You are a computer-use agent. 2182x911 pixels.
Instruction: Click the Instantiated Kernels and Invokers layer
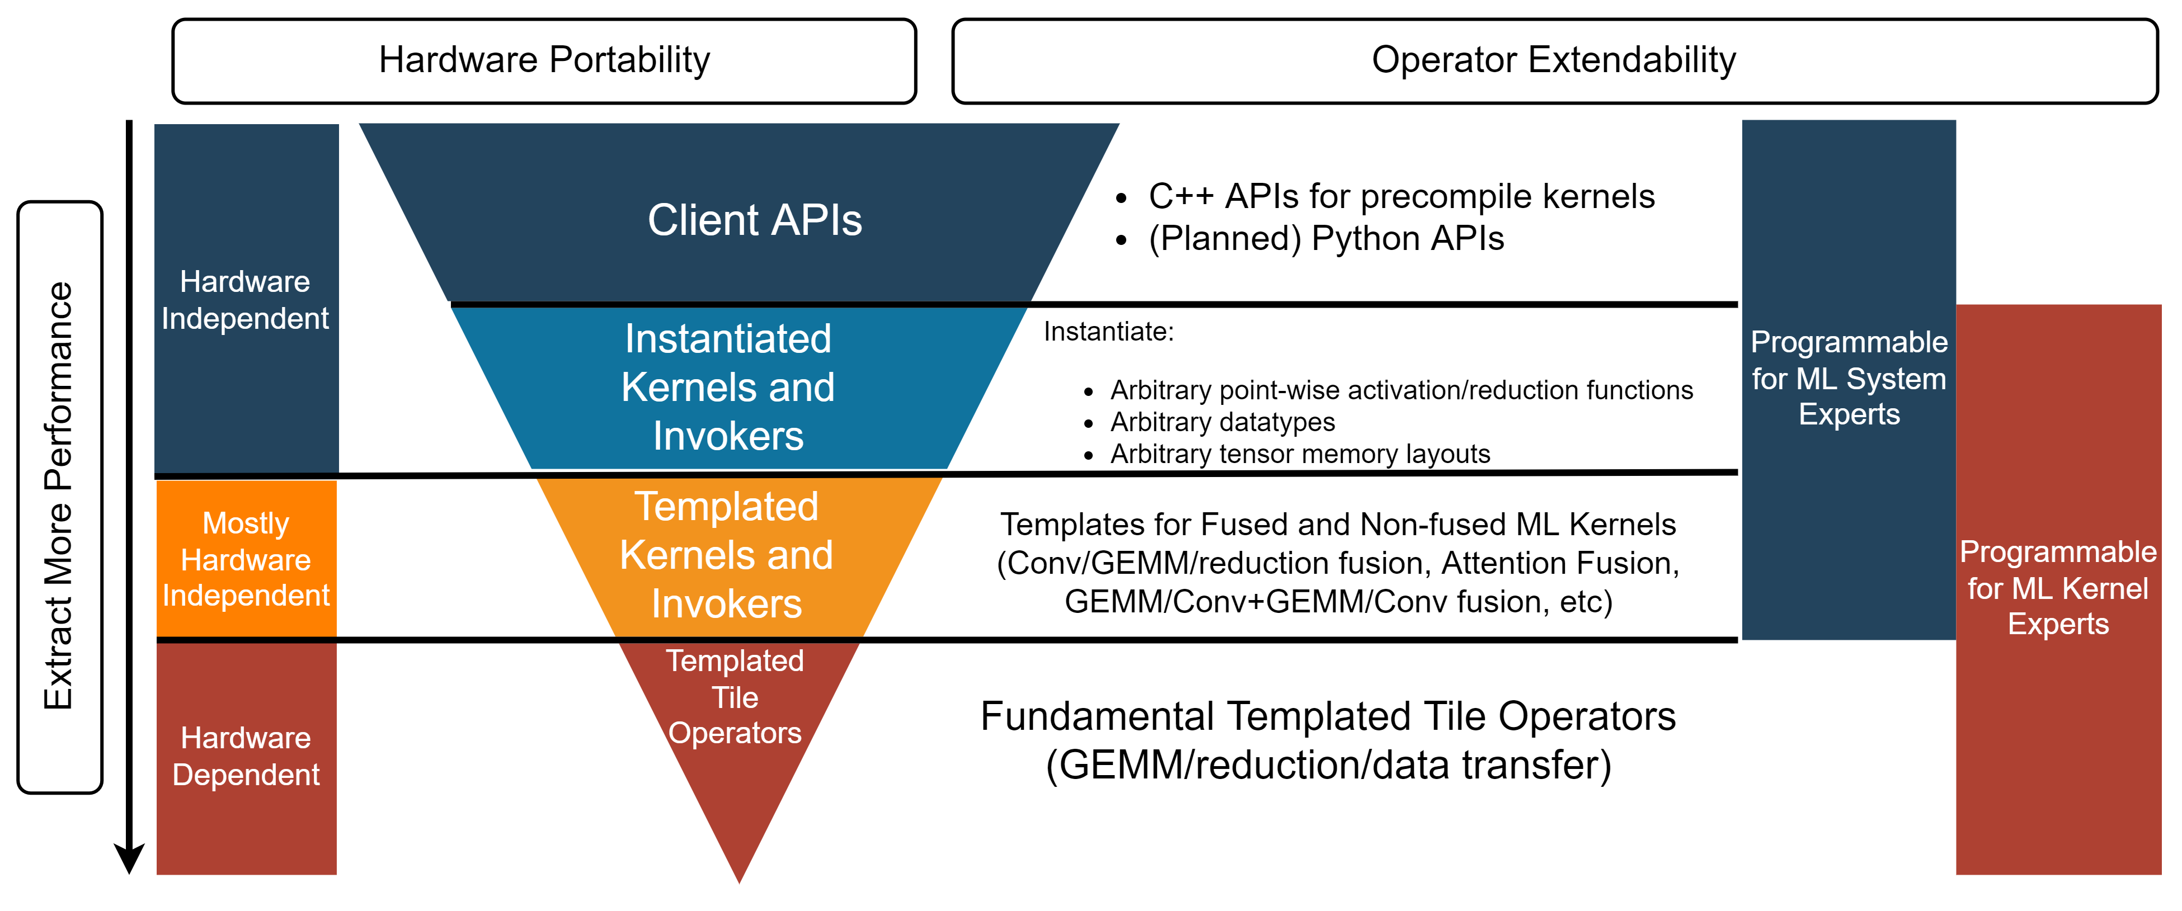pyautogui.click(x=728, y=387)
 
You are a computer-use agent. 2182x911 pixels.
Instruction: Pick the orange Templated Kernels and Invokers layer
pyautogui.click(x=727, y=555)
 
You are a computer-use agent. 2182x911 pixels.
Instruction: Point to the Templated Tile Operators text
pyautogui.click(x=735, y=697)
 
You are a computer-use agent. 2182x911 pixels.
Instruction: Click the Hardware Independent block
pyautogui.click(x=246, y=300)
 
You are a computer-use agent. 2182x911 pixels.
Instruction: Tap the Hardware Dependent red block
pyautogui.click(x=246, y=756)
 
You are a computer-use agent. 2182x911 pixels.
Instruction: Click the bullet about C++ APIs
pyautogui.click(x=1401, y=196)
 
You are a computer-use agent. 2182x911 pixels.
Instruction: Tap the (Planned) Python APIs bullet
pyautogui.click(x=1325, y=239)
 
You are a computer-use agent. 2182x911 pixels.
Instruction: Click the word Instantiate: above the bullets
pyautogui.click(x=1108, y=332)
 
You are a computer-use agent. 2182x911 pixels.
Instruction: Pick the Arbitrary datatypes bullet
pyautogui.click(x=1222, y=422)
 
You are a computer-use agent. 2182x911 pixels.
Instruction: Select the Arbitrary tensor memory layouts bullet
pyautogui.click(x=1299, y=454)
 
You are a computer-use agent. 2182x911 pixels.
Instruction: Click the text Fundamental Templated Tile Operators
pyautogui.click(x=1327, y=716)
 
